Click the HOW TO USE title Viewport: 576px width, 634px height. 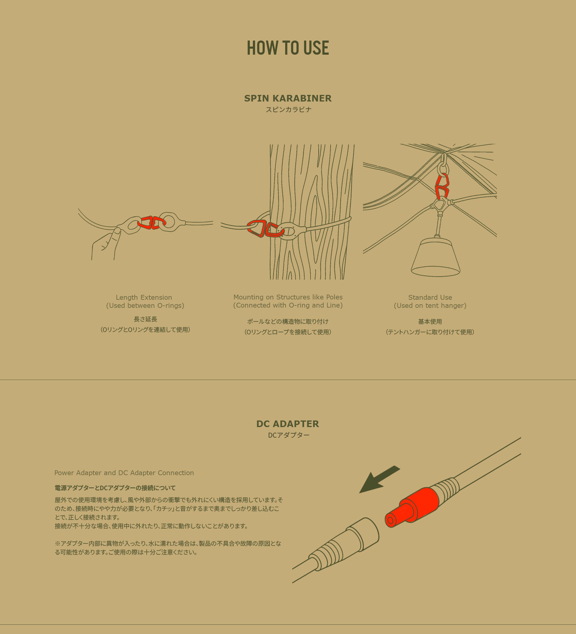[x=288, y=48]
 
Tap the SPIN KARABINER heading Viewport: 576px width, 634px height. [x=288, y=98]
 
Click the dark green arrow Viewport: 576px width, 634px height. [x=379, y=479]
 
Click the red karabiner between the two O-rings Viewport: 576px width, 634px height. [x=151, y=222]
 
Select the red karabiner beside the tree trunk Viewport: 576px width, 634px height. [x=265, y=229]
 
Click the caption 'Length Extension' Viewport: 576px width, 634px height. [x=144, y=297]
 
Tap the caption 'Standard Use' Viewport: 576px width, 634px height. [x=430, y=297]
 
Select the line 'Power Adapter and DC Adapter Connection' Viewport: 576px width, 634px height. [x=124, y=473]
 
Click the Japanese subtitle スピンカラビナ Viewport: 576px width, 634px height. [x=288, y=109]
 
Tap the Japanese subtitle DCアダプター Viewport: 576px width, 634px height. [x=289, y=435]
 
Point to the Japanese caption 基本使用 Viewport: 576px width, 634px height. [x=430, y=321]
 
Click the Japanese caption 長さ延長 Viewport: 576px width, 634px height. [x=145, y=319]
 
